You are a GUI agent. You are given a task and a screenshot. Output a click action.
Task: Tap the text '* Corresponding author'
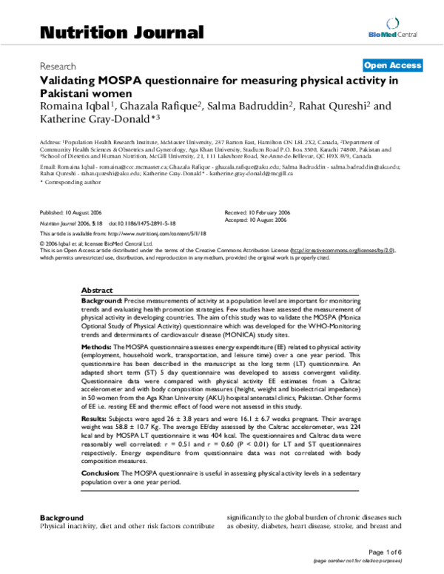point(66,182)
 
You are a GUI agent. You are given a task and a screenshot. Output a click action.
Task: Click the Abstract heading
point(97,291)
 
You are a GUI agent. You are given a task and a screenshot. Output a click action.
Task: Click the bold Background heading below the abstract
point(61,518)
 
